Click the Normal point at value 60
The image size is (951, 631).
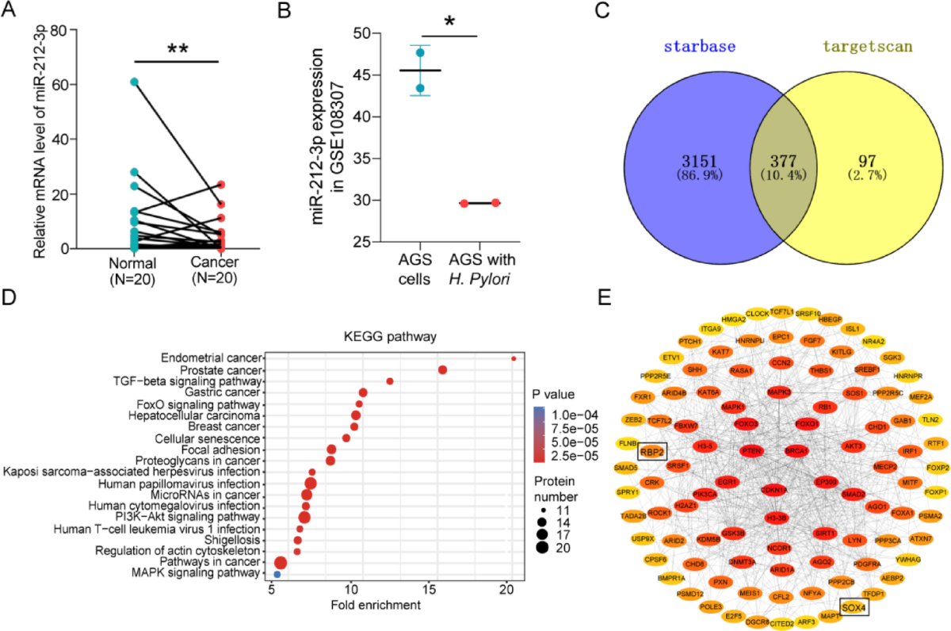pyautogui.click(x=135, y=82)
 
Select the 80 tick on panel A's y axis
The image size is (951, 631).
pyautogui.click(x=55, y=31)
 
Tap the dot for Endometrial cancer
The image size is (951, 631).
pyautogui.click(x=514, y=358)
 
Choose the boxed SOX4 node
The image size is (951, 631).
pyautogui.click(x=854, y=608)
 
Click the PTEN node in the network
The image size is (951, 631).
pyautogui.click(x=751, y=450)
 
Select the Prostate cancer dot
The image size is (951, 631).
pyautogui.click(x=443, y=369)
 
